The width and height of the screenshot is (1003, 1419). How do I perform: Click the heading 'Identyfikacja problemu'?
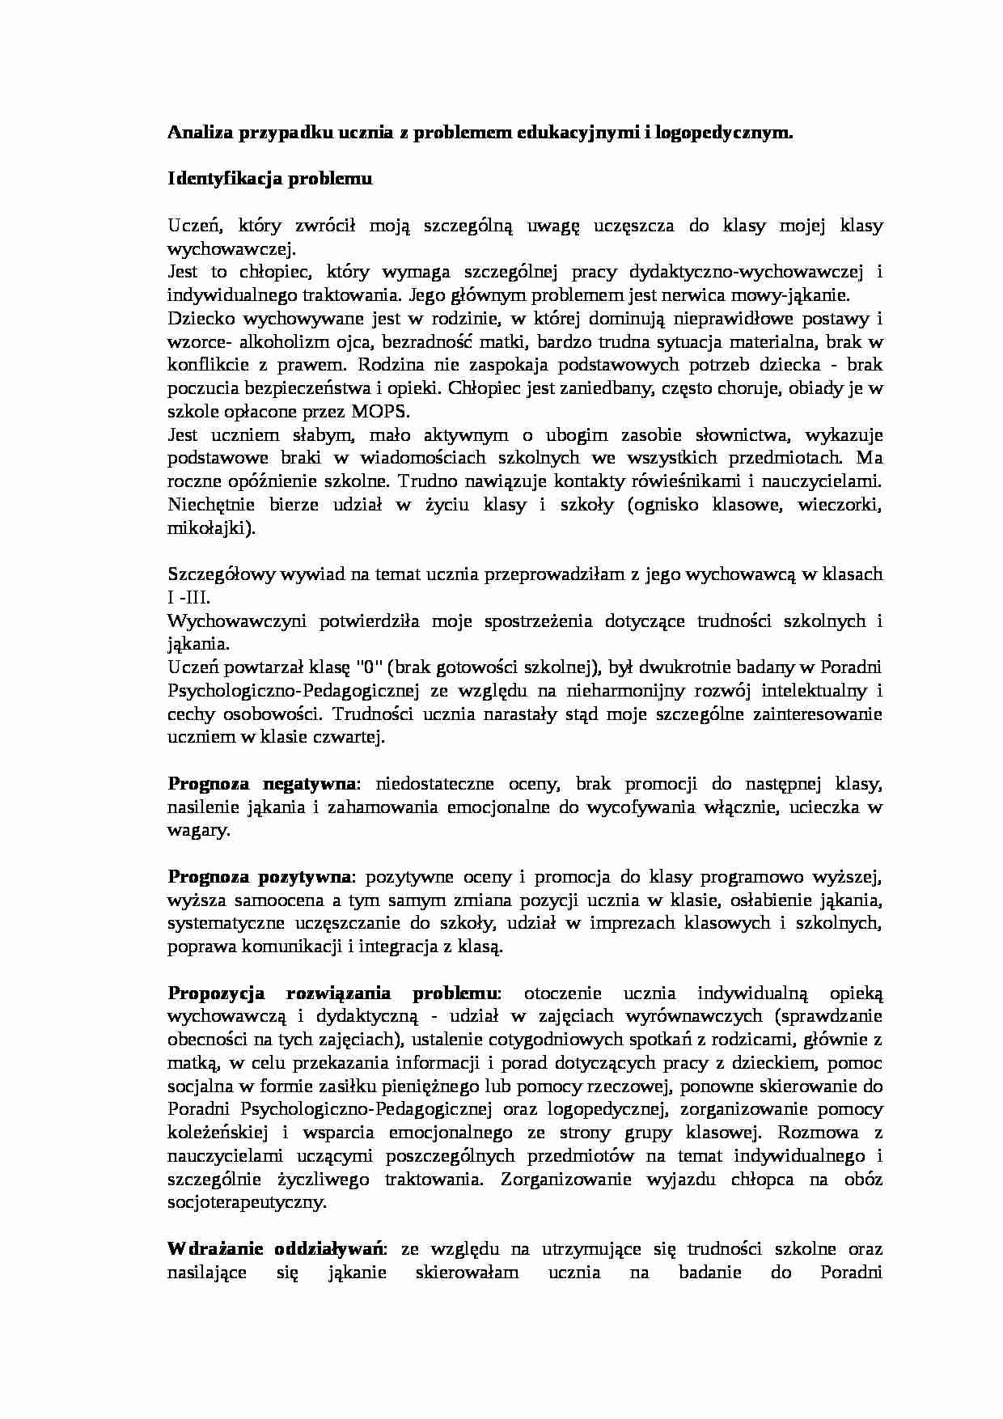click(x=269, y=179)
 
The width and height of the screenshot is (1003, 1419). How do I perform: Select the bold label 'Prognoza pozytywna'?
click(x=260, y=877)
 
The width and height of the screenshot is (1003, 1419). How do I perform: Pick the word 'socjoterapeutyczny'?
click(x=246, y=1202)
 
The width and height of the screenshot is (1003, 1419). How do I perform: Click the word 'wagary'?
click(x=197, y=830)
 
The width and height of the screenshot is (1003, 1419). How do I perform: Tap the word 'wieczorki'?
click(x=838, y=505)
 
